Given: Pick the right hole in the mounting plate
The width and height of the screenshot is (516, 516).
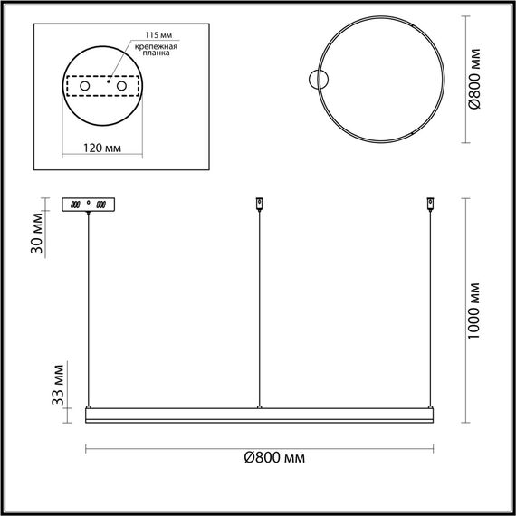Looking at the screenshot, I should [x=119, y=86].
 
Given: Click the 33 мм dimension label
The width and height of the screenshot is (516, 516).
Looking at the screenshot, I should [x=57, y=385].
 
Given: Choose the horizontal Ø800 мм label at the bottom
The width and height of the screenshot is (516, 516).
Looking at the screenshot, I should [x=275, y=459].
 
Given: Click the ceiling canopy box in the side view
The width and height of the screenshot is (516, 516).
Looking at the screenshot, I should [x=88, y=205].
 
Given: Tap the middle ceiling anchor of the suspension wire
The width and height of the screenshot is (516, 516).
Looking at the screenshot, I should [x=260, y=204].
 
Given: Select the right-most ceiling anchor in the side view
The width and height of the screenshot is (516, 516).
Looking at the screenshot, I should [x=429, y=204].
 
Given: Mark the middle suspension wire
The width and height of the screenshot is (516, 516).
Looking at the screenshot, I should [x=260, y=308].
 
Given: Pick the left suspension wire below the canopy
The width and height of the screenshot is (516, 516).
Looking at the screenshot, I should [x=89, y=308].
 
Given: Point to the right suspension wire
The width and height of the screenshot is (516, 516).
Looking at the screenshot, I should [x=429, y=308].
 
